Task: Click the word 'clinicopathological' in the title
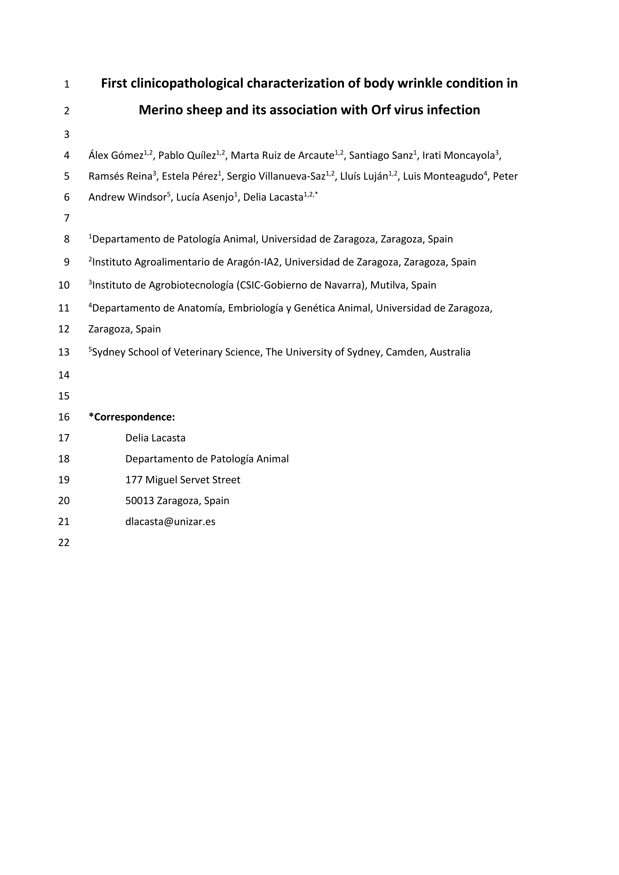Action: coord(187,83)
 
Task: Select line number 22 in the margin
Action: coord(64,542)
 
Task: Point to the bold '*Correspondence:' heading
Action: coord(132,417)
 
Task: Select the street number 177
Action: coord(134,480)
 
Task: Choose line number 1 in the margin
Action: coord(67,84)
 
